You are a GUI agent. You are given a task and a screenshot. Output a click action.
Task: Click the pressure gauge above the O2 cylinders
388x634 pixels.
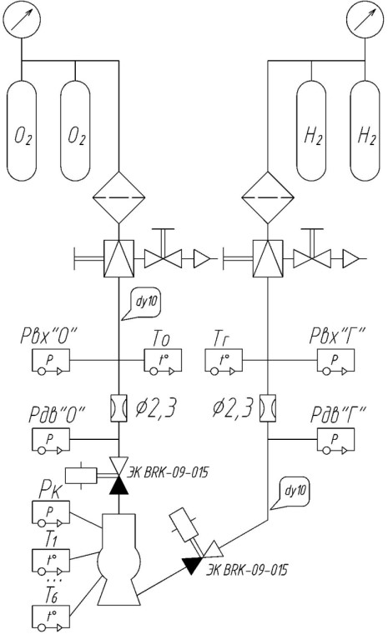[22, 19]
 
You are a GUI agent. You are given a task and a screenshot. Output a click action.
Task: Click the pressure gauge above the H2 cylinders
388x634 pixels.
[365, 19]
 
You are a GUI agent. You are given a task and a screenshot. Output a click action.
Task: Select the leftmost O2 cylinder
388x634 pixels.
[22, 130]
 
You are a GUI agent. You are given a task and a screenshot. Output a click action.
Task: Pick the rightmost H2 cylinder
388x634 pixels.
[365, 130]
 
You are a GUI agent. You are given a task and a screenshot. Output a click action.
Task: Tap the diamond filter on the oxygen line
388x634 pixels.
[118, 197]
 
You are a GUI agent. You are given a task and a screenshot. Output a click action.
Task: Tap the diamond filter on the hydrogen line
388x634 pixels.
[267, 197]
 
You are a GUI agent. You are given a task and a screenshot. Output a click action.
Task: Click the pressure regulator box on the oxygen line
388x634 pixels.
[118, 258]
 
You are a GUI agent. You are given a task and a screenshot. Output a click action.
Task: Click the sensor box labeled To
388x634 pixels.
[163, 361]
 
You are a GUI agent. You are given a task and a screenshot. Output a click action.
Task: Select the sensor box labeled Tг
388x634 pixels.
[224, 361]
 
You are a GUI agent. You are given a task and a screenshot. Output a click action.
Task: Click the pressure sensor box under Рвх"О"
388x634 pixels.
[51, 361]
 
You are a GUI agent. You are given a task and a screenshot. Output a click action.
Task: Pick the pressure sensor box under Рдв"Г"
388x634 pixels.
[335, 440]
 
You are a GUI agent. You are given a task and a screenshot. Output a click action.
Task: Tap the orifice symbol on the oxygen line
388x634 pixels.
[118, 408]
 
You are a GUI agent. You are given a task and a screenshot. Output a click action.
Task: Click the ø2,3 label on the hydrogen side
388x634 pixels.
[233, 407]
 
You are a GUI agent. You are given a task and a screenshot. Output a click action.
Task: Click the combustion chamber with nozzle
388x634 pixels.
[118, 560]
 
